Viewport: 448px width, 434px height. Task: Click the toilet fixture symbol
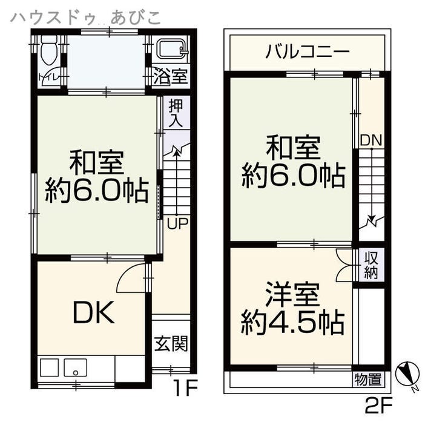pos(49,50)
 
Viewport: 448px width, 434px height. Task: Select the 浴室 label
pos(171,76)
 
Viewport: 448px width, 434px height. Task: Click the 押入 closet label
pos(176,113)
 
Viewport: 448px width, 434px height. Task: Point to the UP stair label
pos(178,224)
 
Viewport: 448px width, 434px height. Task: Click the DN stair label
pos(371,140)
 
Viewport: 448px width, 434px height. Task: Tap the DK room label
pos(94,312)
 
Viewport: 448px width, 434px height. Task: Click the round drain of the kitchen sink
pos(76,373)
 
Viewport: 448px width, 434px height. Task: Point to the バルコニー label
pos(308,52)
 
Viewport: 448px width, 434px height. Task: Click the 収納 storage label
pos(371,266)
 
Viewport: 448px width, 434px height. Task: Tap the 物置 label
pos(368,380)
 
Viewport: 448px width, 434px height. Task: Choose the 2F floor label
pos(379,405)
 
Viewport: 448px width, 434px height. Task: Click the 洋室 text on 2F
pos(292,294)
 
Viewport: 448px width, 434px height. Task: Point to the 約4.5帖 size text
pos(292,322)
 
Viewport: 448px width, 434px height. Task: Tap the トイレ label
pos(48,77)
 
